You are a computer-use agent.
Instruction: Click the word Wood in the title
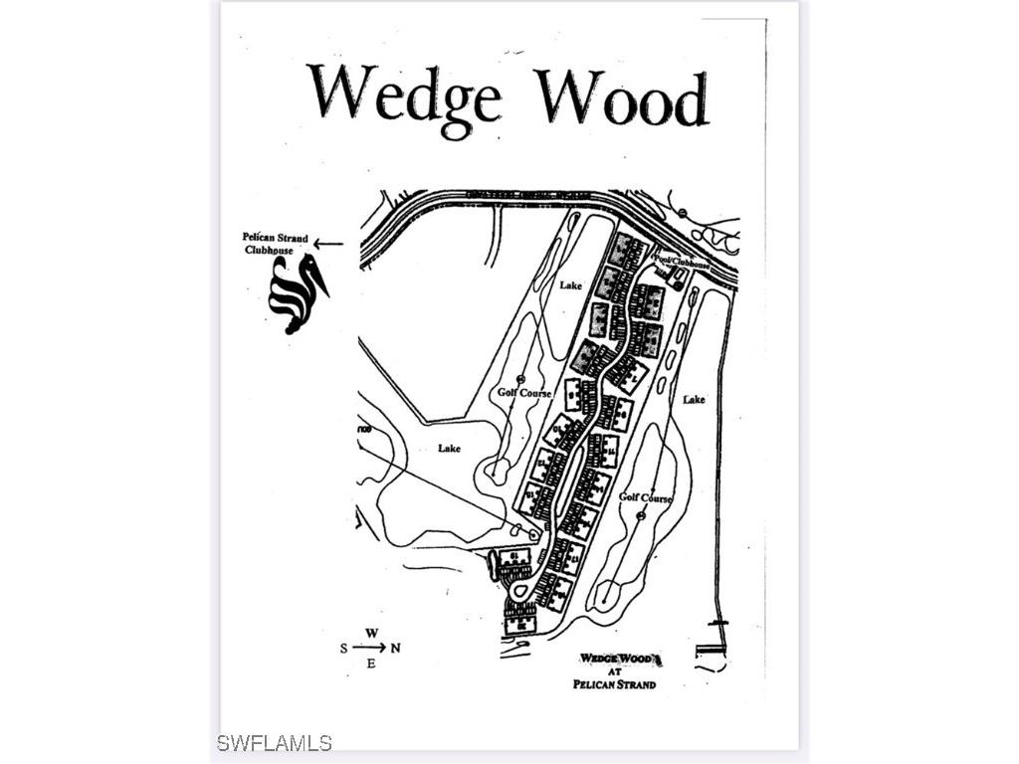click(623, 97)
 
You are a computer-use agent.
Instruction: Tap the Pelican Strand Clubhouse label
click(276, 244)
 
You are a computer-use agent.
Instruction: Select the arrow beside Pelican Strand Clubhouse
click(329, 243)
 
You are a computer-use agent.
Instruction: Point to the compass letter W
click(370, 633)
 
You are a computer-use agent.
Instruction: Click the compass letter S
click(344, 649)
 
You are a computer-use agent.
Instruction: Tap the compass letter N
click(395, 649)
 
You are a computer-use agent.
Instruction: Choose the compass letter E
click(370, 664)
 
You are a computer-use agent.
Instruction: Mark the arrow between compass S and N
click(369, 648)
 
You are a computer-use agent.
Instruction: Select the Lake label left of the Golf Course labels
click(450, 449)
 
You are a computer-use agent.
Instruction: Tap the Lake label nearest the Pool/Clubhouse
click(570, 286)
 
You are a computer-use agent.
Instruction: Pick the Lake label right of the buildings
click(694, 399)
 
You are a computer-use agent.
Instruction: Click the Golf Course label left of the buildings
click(523, 393)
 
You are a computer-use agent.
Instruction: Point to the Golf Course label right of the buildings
click(646, 497)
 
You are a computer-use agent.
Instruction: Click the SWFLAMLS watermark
click(275, 743)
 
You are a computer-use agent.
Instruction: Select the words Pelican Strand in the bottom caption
click(615, 684)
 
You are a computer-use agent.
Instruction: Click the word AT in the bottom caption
click(615, 671)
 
